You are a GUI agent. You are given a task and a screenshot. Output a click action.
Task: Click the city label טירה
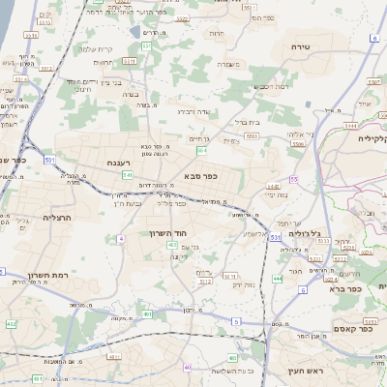pyautogui.click(x=298, y=46)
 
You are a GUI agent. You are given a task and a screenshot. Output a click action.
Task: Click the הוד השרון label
pyautogui.click(x=166, y=233)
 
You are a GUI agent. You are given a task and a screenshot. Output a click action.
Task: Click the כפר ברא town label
pyautogui.click(x=342, y=288)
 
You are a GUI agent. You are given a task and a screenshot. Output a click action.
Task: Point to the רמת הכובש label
pyautogui.click(x=269, y=87)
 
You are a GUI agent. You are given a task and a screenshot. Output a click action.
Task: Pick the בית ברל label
pyautogui.click(x=250, y=123)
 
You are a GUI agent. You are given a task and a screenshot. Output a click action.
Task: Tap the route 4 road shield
pyautogui.click(x=121, y=238)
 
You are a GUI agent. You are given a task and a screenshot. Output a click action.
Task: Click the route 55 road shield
pyautogui.click(x=292, y=180)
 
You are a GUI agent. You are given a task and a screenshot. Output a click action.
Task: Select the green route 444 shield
pyautogui.click(x=278, y=279)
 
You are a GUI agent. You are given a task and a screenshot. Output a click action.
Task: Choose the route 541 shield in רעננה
pyautogui.click(x=127, y=175)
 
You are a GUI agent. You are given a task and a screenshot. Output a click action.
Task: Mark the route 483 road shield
pyautogui.click(x=172, y=246)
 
